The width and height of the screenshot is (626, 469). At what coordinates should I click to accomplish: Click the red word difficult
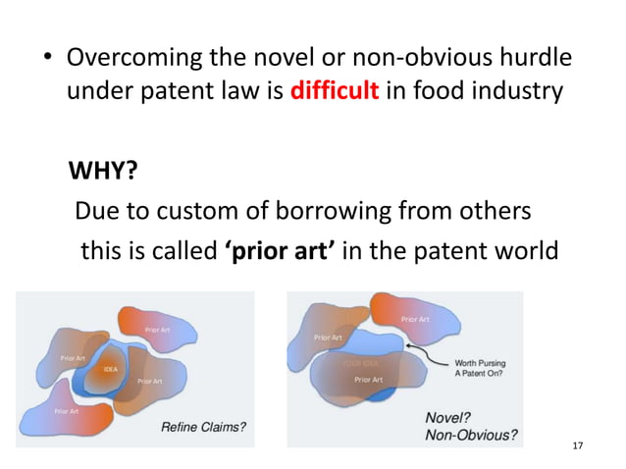point(335,93)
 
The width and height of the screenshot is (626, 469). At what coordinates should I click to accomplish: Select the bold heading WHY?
point(102,174)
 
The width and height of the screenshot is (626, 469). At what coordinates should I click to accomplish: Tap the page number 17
point(577,446)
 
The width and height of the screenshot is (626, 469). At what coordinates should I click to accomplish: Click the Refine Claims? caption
point(204,427)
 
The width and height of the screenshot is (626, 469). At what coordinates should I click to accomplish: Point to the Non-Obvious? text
point(471,435)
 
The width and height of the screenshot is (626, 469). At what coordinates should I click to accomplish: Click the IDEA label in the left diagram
point(111,369)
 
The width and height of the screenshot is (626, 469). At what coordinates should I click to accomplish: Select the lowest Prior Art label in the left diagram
point(68,411)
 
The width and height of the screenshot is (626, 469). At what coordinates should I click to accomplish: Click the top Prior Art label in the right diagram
point(415,319)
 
